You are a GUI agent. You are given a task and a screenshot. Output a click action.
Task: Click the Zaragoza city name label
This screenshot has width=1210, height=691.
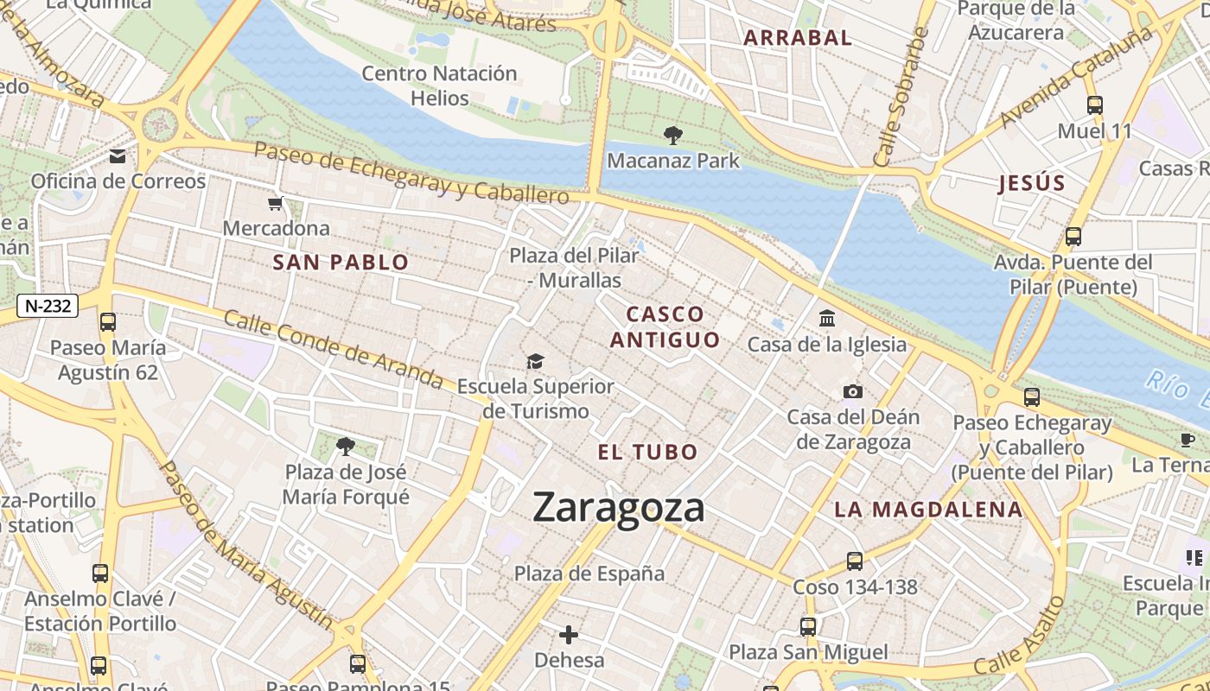(x=619, y=507)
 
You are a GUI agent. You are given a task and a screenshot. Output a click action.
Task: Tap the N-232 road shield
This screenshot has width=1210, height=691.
(x=48, y=305)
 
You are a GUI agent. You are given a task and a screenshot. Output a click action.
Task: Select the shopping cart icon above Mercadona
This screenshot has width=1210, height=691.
(x=276, y=204)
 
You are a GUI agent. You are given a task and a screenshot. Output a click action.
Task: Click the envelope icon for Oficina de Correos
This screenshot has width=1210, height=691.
(x=118, y=156)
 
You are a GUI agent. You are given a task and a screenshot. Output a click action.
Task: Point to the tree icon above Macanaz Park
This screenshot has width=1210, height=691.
(x=672, y=135)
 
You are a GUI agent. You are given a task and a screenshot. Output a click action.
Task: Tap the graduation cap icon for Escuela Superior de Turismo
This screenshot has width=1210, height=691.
(x=536, y=361)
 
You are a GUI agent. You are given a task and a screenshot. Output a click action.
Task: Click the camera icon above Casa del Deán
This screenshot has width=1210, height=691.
(x=853, y=391)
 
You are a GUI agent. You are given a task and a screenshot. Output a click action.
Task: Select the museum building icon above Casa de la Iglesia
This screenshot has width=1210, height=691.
(x=827, y=319)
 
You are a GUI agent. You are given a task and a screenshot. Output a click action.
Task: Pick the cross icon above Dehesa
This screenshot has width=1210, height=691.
(x=569, y=636)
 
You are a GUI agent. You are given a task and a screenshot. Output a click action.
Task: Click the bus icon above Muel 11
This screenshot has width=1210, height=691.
(x=1095, y=105)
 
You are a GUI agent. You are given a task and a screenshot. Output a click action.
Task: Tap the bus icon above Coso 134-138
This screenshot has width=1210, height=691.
(x=855, y=561)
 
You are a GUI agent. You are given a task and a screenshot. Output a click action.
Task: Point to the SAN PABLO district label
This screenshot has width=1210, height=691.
(x=341, y=263)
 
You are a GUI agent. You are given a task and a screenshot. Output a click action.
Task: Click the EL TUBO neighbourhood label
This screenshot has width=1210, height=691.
(x=647, y=452)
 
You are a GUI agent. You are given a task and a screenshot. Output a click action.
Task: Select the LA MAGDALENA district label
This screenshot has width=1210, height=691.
(x=928, y=510)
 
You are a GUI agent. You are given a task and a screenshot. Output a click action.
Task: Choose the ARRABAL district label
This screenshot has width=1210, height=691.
(x=798, y=38)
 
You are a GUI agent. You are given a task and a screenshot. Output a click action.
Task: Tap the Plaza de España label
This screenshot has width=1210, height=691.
(x=589, y=574)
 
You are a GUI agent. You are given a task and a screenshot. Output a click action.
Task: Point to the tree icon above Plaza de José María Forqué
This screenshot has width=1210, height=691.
(x=346, y=447)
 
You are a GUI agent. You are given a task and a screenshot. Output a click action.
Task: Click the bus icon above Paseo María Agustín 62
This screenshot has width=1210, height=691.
(x=108, y=322)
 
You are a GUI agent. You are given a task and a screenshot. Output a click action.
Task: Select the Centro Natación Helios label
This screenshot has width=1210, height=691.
(x=439, y=86)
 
